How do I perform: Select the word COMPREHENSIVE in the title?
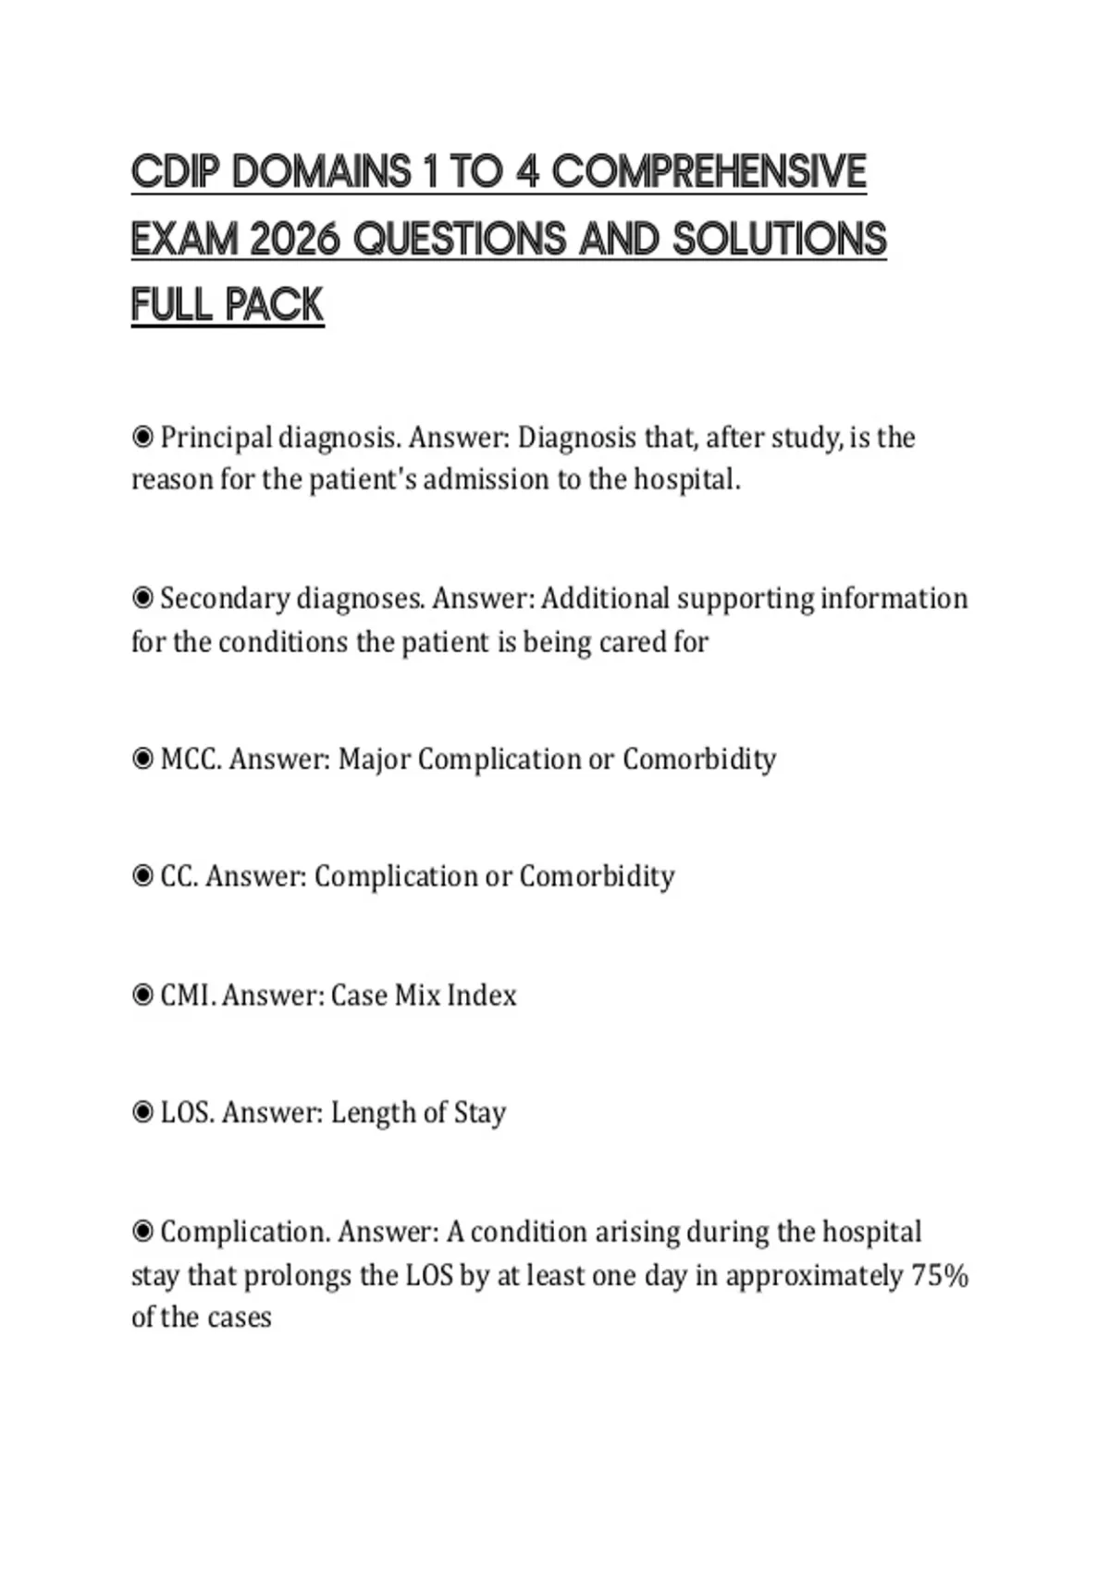(709, 173)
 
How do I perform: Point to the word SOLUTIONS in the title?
(780, 240)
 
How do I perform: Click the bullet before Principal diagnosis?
(142, 437)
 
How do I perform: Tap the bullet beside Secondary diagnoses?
(142, 599)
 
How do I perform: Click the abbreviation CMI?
(189, 996)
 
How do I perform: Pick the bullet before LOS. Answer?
(142, 1112)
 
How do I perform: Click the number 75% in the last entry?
(940, 1276)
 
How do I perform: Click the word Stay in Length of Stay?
(479, 1113)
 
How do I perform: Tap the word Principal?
(216, 438)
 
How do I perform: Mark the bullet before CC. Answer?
(142, 876)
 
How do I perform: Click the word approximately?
(814, 1277)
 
